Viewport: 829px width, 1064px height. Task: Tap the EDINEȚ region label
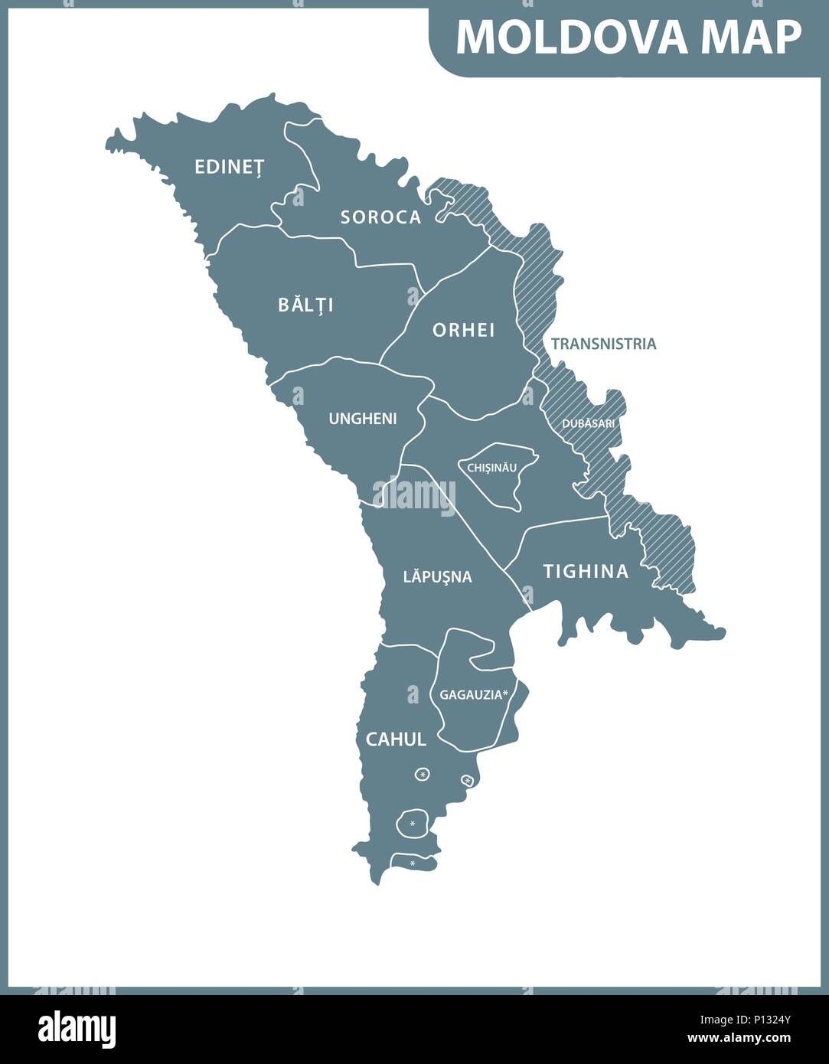click(228, 167)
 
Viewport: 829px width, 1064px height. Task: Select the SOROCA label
click(380, 217)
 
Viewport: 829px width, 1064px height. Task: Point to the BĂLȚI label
click(305, 305)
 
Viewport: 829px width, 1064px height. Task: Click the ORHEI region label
click(463, 330)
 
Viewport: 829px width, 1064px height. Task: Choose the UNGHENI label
click(362, 419)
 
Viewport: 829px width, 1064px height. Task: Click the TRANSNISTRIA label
click(603, 344)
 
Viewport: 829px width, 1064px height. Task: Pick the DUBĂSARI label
click(588, 423)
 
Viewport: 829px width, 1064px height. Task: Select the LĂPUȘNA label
click(437, 576)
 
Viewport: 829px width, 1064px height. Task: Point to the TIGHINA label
click(586, 571)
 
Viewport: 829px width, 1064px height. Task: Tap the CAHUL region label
click(395, 739)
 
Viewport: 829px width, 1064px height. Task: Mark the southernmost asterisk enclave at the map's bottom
click(413, 863)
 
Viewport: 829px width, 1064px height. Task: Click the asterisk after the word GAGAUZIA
click(505, 694)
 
